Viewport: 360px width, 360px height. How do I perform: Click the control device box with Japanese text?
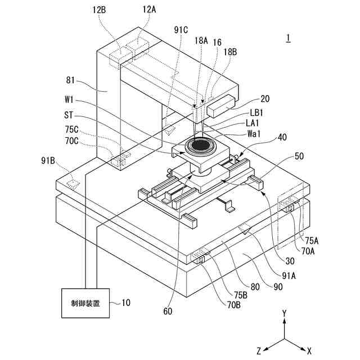point(86,303)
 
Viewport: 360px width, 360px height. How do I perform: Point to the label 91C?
point(181,30)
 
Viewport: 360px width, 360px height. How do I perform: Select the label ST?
point(69,114)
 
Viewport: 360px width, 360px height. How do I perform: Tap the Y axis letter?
point(285,312)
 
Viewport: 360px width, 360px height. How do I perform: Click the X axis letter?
point(309,349)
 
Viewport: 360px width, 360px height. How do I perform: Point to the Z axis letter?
point(259,350)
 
